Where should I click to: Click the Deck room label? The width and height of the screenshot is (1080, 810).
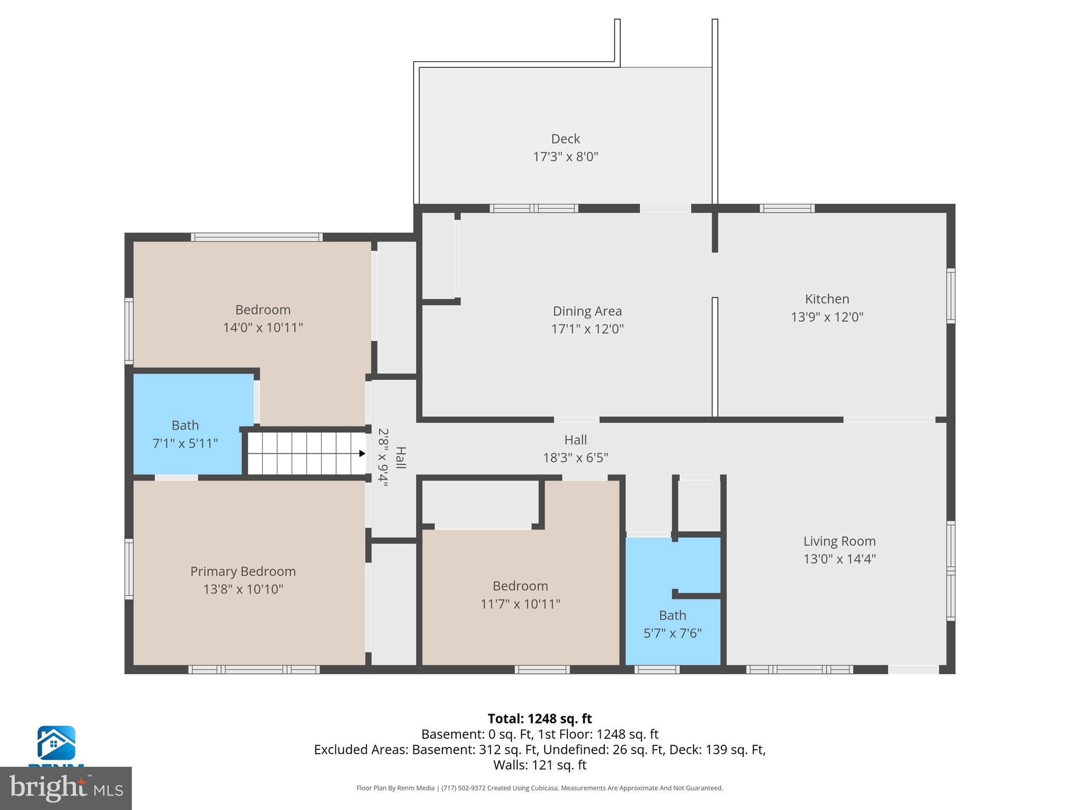tap(565, 139)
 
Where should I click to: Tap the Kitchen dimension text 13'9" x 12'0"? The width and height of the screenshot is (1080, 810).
tap(827, 317)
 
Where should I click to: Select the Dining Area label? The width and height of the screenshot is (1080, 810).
tap(587, 311)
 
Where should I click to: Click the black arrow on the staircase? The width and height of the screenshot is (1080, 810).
tap(362, 454)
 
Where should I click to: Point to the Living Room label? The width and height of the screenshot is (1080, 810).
tap(839, 541)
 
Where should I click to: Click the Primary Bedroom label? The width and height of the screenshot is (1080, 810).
tap(243, 571)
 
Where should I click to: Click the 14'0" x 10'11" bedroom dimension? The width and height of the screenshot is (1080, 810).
tap(263, 327)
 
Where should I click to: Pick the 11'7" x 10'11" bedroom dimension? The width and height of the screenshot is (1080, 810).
tap(520, 604)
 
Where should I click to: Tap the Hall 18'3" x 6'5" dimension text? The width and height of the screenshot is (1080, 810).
tap(575, 458)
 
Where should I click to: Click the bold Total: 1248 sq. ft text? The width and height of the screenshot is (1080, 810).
tap(539, 719)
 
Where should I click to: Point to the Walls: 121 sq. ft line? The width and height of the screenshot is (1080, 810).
tap(539, 765)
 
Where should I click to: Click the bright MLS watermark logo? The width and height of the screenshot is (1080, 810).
tap(65, 788)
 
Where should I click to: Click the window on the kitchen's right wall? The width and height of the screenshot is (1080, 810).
tap(950, 296)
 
